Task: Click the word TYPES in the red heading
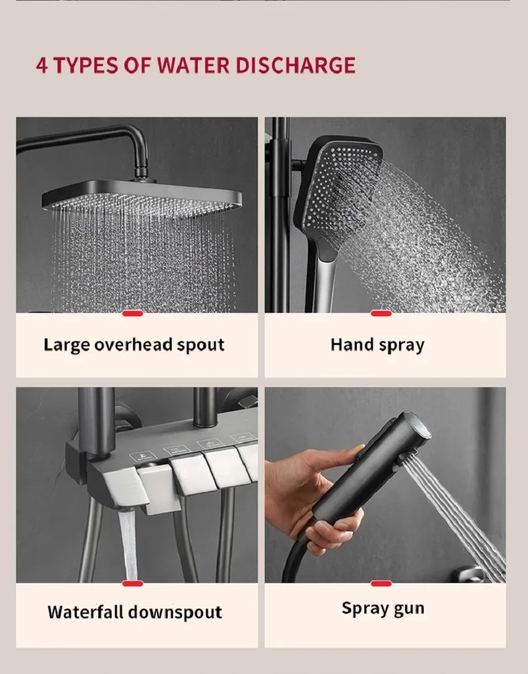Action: tap(85, 66)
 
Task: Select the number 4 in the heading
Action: tap(41, 66)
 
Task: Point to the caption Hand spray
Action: tap(377, 345)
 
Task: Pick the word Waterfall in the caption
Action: tap(86, 612)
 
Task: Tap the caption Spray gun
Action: tap(382, 608)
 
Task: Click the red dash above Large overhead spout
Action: tap(132, 313)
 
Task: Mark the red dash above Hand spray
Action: tap(381, 313)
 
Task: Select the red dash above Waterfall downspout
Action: tap(132, 583)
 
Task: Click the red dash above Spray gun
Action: tap(381, 583)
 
